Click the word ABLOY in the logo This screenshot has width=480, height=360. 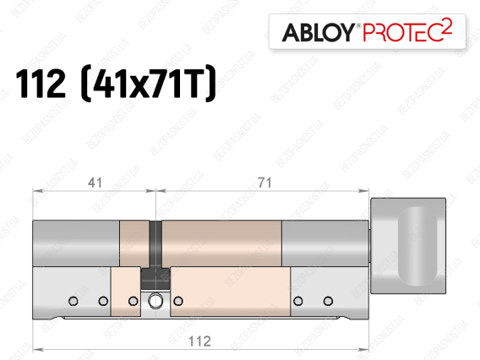coord(319,33)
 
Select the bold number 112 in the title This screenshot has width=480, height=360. coord(41,83)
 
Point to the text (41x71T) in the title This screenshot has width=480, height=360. coord(148,83)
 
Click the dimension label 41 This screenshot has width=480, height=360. coord(95,183)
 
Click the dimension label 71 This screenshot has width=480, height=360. coord(265,183)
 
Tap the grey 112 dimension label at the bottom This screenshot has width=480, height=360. coord(199,341)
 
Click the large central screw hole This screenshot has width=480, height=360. coord(155,301)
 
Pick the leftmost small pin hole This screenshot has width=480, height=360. coord(74,301)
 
